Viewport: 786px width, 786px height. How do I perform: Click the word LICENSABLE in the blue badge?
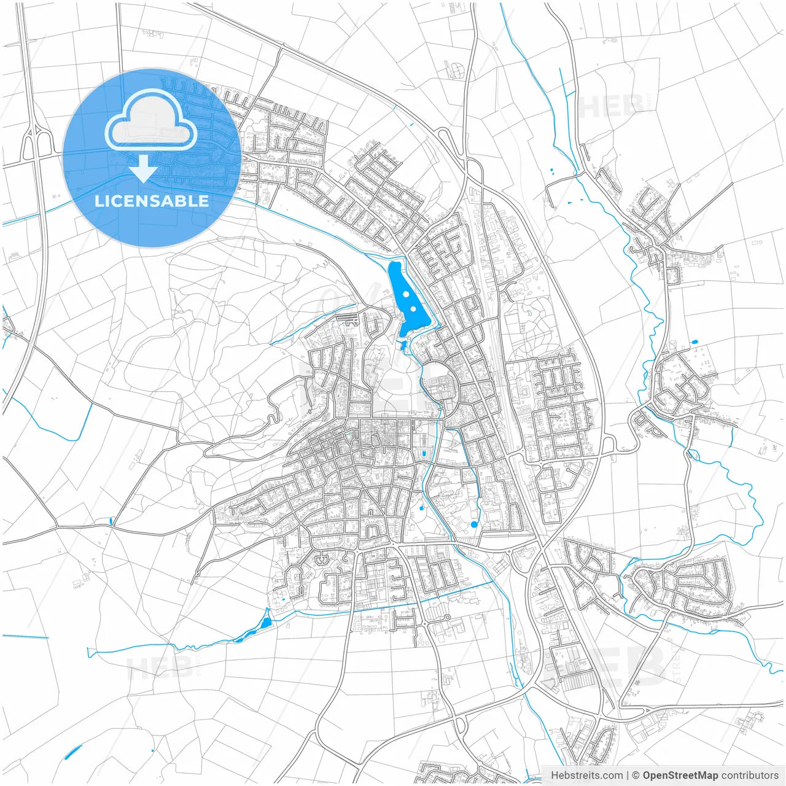[x=152, y=201]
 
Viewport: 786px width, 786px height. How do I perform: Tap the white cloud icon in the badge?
[x=151, y=120]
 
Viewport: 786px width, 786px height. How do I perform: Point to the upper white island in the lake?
[x=406, y=294]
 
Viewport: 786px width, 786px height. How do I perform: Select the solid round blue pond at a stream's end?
[x=474, y=524]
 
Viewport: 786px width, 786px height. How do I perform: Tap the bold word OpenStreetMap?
[x=680, y=776]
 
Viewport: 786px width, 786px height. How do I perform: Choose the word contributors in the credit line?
[x=750, y=776]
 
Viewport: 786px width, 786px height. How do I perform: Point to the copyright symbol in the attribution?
[x=636, y=776]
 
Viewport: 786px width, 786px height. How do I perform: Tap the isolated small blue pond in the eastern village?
[x=695, y=342]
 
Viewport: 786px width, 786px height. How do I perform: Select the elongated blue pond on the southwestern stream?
[x=266, y=623]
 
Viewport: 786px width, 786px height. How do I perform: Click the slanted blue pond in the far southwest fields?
[x=73, y=751]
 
